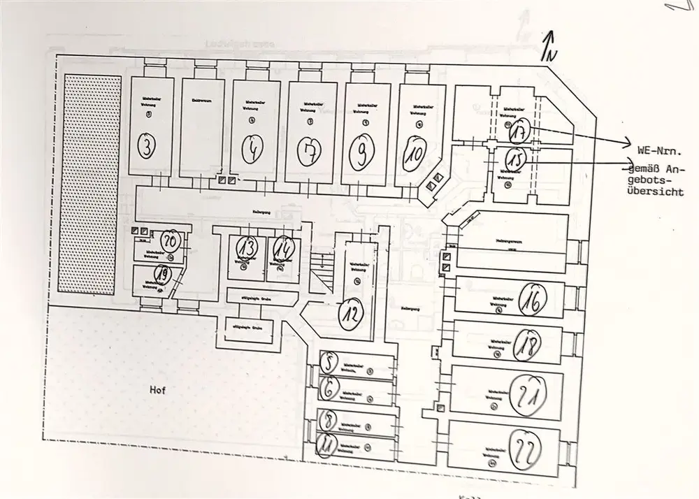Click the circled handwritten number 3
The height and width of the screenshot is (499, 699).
pyautogui.click(x=147, y=145)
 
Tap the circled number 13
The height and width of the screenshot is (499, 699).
pyautogui.click(x=246, y=249)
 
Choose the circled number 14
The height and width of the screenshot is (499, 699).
pyautogui.click(x=282, y=249)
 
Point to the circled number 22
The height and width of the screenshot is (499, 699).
pyautogui.click(x=526, y=449)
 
